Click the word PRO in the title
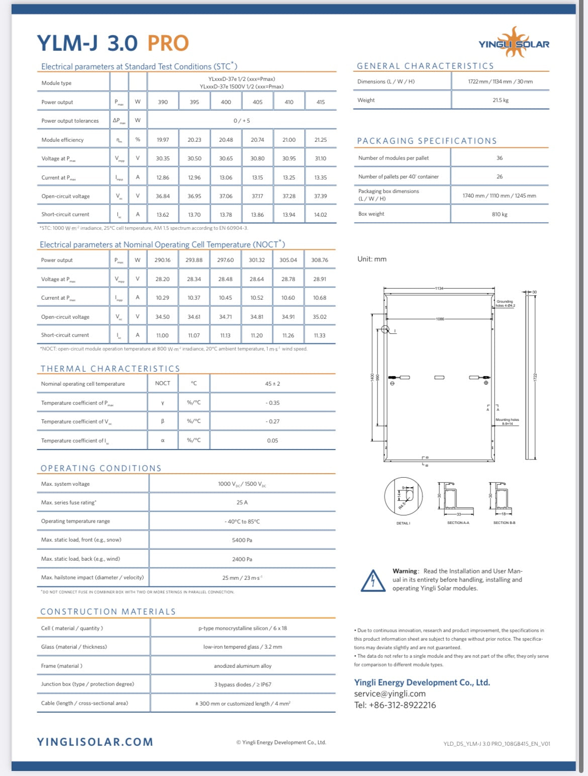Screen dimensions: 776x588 [168, 44]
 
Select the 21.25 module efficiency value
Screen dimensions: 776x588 [320, 140]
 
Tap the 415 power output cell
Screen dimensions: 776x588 [321, 102]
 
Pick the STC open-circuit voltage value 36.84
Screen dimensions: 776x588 [163, 196]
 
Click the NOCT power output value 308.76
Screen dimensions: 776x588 [320, 260]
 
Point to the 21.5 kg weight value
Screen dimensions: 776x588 [501, 100]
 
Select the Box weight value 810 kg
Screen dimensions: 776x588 [500, 214]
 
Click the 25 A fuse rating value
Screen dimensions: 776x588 [242, 502]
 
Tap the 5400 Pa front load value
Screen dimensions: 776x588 [242, 540]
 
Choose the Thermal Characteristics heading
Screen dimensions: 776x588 [110, 369]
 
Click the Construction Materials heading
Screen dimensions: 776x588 [108, 612]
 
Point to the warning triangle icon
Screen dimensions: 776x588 [373, 580]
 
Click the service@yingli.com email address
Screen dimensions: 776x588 [389, 694]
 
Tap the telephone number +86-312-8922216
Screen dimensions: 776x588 [395, 705]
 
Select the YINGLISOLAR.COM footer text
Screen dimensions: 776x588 [95, 742]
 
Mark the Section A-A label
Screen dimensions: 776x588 [458, 523]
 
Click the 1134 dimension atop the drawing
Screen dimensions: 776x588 [440, 288]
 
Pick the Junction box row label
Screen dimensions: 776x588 [87, 684]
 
